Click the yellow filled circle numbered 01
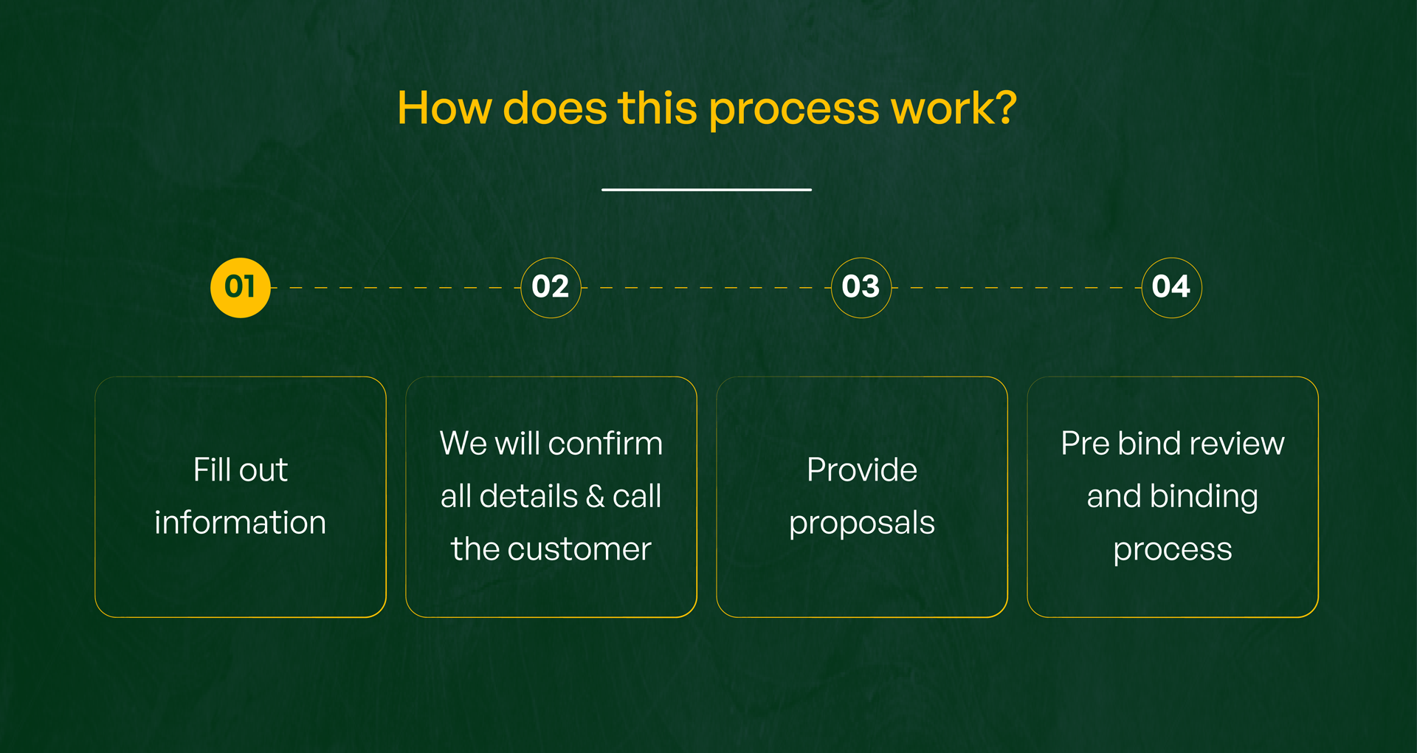241,287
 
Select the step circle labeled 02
551,287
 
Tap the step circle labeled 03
861,287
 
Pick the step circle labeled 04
1171,287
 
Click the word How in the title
444,108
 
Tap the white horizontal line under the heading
706,190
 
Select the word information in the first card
240,523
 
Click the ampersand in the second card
595,497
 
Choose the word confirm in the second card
605,444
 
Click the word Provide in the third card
861,470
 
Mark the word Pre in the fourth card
1084,444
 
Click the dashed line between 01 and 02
396,287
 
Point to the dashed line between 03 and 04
1016,287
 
